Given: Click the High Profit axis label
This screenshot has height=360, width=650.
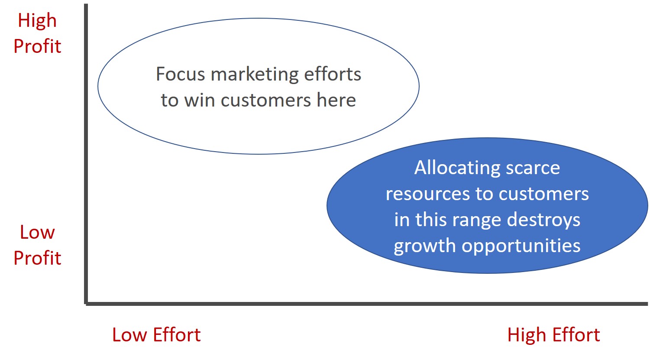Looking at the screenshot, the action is click(x=37, y=33).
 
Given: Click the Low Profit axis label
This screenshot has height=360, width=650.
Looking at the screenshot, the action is click(x=37, y=245).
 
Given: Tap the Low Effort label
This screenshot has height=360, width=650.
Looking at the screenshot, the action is click(x=156, y=334).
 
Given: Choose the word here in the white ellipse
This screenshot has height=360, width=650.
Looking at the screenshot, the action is click(x=336, y=100).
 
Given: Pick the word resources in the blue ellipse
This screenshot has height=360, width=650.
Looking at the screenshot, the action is click(x=427, y=194).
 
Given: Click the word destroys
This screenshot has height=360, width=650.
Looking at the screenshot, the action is click(x=543, y=220).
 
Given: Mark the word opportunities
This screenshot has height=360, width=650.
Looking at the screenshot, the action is click(x=521, y=246).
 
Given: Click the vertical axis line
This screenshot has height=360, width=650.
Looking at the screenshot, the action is click(x=86, y=154).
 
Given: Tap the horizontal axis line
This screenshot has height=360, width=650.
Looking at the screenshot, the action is click(x=366, y=304).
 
